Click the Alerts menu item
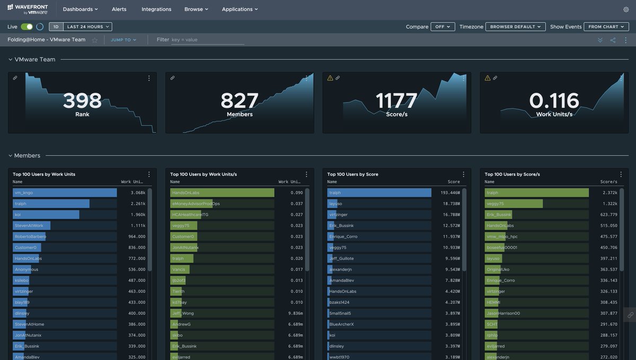coord(119,9)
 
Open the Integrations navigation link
coord(156,9)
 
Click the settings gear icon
coord(626,10)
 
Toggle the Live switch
coord(26,27)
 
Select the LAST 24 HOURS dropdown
coord(89,27)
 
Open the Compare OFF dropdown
coord(443,27)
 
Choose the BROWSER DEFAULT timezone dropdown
coord(515,27)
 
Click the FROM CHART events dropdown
coord(606,27)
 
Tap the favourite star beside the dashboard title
coord(94,40)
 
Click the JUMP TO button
coord(123,40)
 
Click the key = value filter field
coord(207,40)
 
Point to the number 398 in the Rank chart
coord(82,101)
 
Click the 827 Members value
coord(240,101)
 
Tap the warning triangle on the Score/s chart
coord(330,78)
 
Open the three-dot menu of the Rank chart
coord(149,78)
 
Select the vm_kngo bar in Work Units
coord(65,193)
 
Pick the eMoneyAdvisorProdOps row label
coord(196,204)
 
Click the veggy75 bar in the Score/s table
coord(514,204)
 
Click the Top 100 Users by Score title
coord(352,174)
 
